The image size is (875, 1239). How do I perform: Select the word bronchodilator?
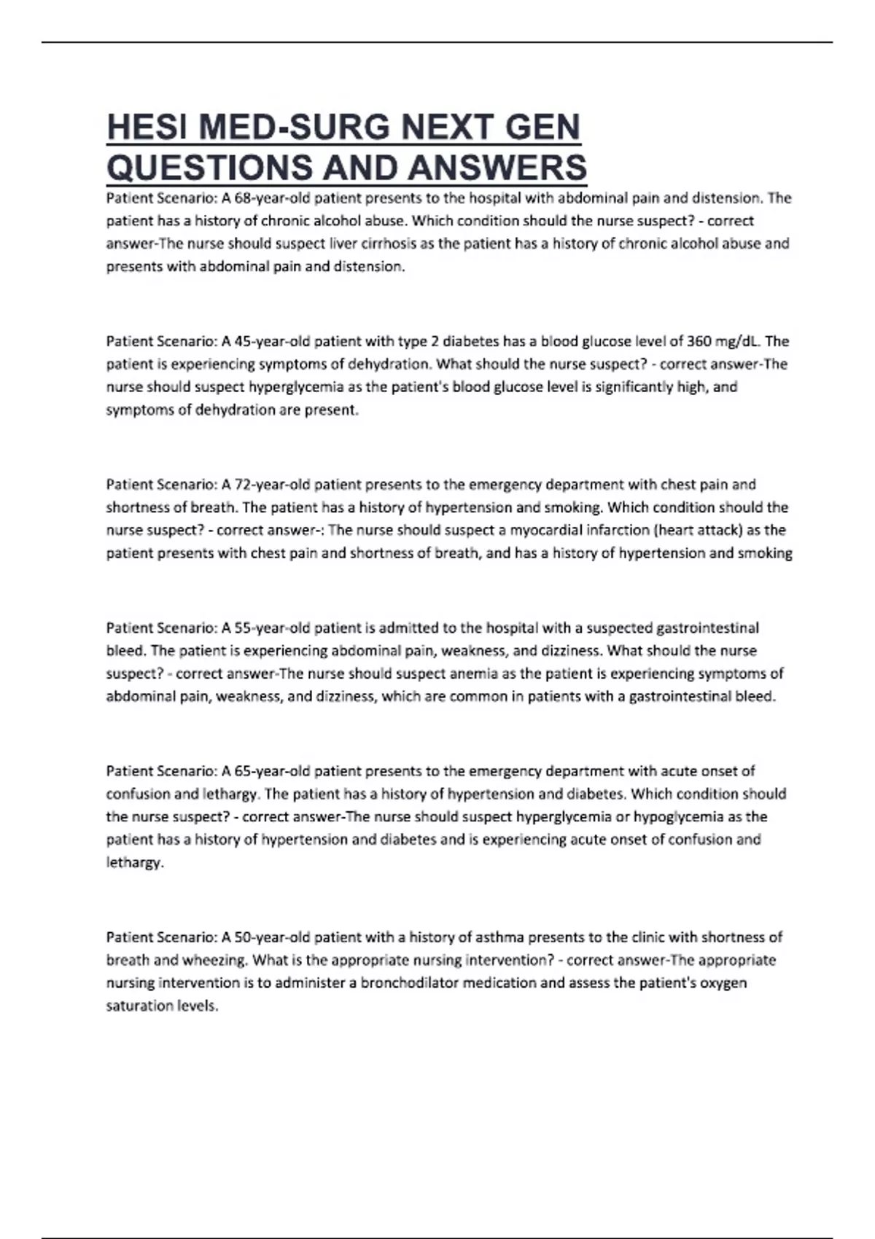[409, 983]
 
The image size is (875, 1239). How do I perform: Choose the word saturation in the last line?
[139, 1006]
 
